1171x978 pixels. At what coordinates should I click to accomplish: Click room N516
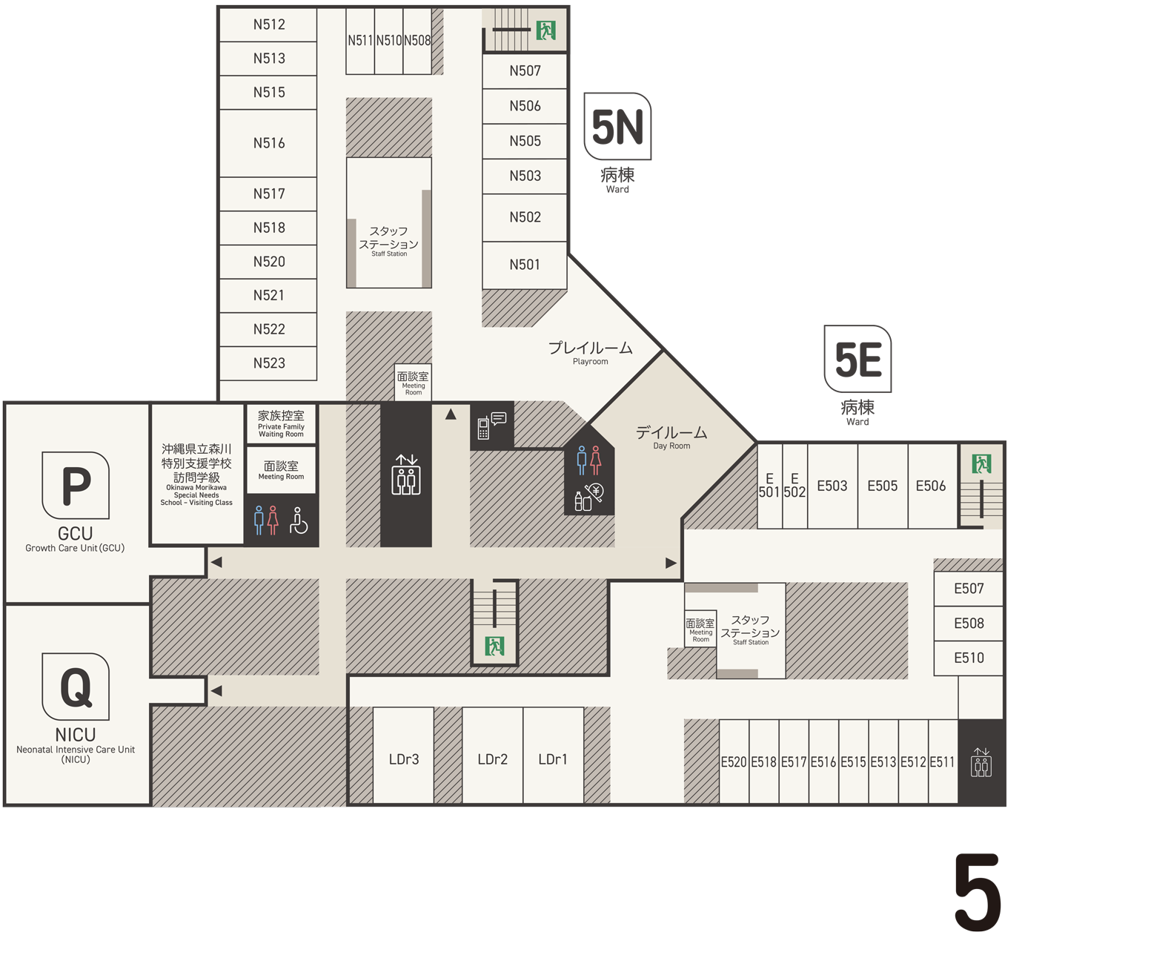click(268, 143)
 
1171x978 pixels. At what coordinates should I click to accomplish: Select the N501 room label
click(525, 264)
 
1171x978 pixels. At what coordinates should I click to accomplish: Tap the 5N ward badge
click(617, 126)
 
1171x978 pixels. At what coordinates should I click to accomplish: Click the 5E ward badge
click(857, 359)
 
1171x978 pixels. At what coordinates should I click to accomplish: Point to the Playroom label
click(590, 353)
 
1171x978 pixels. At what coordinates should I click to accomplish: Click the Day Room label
click(671, 437)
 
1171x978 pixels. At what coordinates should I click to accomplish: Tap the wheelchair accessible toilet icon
click(299, 520)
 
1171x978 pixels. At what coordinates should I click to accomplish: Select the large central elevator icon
click(406, 475)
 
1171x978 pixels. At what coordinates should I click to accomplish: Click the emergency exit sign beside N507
click(545, 30)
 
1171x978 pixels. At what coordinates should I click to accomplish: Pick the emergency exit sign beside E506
click(981, 464)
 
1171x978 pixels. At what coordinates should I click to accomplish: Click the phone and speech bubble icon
click(491, 426)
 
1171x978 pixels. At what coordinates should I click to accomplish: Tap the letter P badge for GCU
click(76, 486)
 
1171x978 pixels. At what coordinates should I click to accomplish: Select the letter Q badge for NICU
click(76, 686)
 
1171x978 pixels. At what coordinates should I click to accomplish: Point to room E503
click(832, 486)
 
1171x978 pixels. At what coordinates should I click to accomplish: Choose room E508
click(969, 624)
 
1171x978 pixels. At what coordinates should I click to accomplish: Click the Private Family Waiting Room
click(281, 423)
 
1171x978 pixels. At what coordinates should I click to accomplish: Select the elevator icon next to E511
click(981, 762)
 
